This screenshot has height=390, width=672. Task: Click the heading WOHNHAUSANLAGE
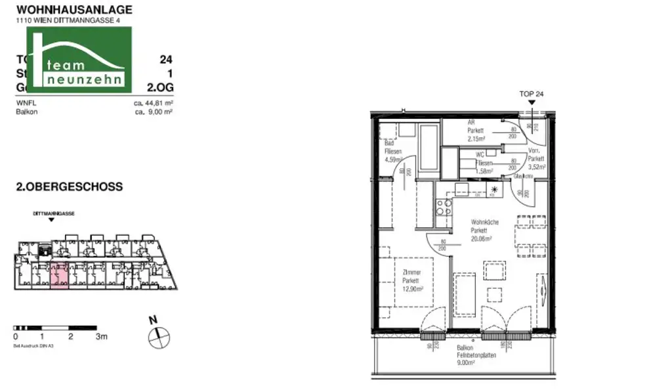[73, 10]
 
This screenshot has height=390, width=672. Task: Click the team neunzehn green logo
[87, 59]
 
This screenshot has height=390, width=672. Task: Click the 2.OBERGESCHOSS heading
[69, 187]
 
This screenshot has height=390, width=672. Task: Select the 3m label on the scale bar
[101, 336]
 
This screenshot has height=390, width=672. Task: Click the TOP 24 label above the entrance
[531, 95]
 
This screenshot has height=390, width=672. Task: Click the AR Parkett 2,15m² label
[476, 131]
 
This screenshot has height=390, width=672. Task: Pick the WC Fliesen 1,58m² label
[484, 162]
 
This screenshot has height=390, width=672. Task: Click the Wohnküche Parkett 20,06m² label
[485, 231]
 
